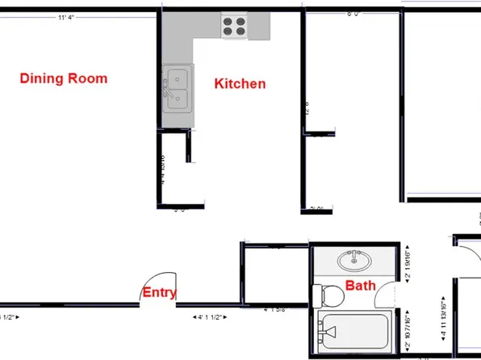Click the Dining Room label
point(64,78)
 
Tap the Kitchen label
point(240,83)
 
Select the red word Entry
point(160,293)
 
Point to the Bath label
point(361,285)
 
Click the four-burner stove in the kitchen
point(235,27)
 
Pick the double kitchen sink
point(177,89)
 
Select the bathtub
point(355,331)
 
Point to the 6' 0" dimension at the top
point(353,14)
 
